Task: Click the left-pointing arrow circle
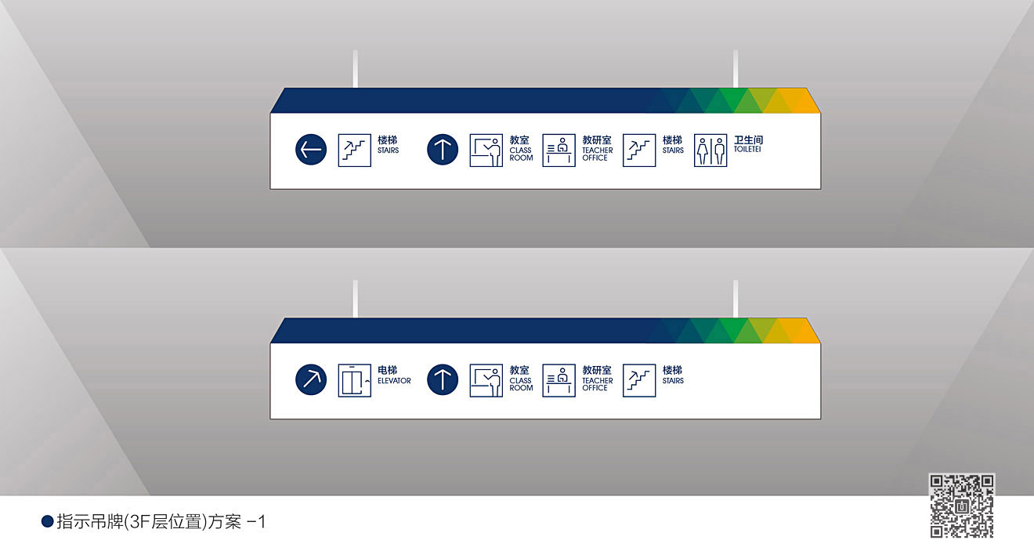pyautogui.click(x=311, y=150)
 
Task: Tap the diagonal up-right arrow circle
pyautogui.click(x=311, y=380)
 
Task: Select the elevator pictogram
pyautogui.click(x=354, y=380)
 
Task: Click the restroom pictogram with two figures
pyautogui.click(x=710, y=150)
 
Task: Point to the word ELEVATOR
pyautogui.click(x=394, y=381)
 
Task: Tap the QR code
pyautogui.click(x=962, y=506)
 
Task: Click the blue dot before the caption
pyautogui.click(x=47, y=521)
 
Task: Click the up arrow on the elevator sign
pyautogui.click(x=443, y=380)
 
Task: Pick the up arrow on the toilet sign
pyautogui.click(x=443, y=150)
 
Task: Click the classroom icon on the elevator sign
pyautogui.click(x=486, y=380)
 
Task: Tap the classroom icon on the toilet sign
pyautogui.click(x=486, y=150)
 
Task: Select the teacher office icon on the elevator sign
pyautogui.click(x=559, y=380)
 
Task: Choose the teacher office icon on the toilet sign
pyautogui.click(x=559, y=150)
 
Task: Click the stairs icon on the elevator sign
pyautogui.click(x=639, y=380)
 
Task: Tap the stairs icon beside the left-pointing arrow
pyautogui.click(x=354, y=150)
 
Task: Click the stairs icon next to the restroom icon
pyautogui.click(x=639, y=150)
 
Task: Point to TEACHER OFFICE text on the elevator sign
pyautogui.click(x=597, y=384)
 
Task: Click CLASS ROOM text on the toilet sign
pyautogui.click(x=521, y=154)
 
